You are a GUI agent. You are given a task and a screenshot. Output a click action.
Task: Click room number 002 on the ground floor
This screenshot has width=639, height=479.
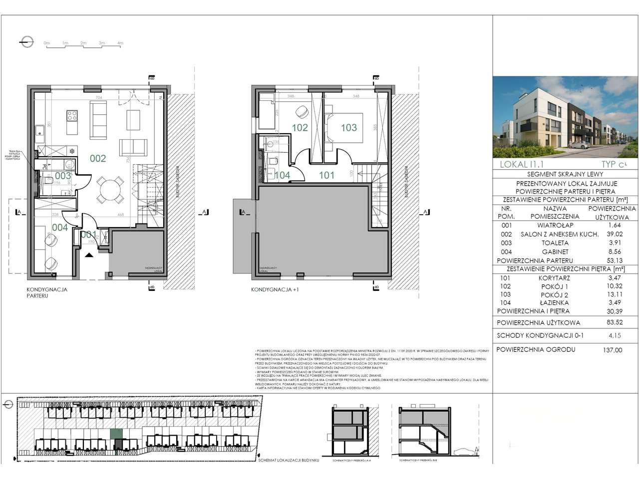click(x=98, y=159)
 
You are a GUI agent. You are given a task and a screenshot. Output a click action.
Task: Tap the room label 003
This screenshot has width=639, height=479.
click(x=63, y=176)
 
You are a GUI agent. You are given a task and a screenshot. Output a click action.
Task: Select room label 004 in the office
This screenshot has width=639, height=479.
click(x=59, y=228)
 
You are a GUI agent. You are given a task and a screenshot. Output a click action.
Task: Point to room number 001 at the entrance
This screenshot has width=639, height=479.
click(x=88, y=234)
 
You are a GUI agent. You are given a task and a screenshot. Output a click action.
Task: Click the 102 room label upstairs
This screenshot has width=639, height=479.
click(x=300, y=128)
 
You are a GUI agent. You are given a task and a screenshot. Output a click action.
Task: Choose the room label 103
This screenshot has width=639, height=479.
click(x=349, y=128)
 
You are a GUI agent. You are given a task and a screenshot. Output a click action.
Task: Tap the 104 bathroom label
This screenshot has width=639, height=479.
click(x=282, y=175)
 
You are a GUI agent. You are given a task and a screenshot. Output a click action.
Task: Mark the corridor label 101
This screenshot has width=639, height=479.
click(x=327, y=175)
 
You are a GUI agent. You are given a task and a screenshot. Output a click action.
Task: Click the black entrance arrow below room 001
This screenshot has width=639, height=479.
click(x=89, y=255)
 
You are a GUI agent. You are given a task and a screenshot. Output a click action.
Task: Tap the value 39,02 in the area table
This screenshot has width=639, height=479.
click(x=613, y=234)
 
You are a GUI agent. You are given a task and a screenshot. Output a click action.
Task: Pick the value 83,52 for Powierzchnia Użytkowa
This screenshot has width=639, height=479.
click(x=613, y=322)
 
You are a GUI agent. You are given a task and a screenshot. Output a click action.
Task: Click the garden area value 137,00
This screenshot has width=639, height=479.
click(x=613, y=350)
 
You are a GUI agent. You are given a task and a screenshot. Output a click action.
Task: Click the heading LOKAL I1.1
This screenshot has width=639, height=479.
click(x=522, y=164)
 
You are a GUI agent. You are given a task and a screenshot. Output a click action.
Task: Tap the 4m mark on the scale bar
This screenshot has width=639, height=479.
click(x=120, y=43)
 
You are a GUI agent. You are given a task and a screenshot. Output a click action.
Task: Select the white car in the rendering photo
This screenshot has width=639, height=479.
click(x=581, y=145)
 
